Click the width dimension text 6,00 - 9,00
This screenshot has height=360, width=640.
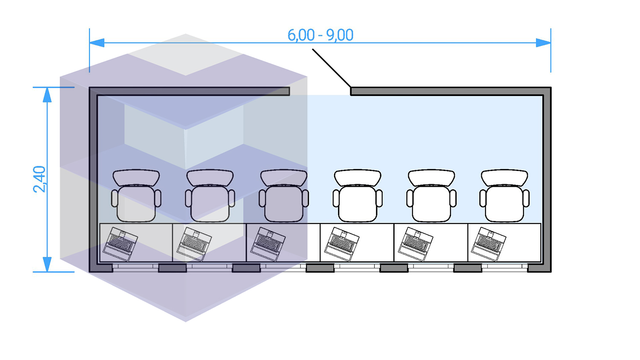coord(320,35)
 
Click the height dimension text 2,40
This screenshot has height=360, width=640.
coord(39,179)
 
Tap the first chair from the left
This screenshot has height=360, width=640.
coord(136,200)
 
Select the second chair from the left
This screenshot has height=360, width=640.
coord(210,200)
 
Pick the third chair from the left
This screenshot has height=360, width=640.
coord(284,200)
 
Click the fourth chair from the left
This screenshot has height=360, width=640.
coord(358,200)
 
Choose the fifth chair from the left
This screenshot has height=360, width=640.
coord(431,200)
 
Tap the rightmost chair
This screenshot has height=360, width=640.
coord(505,200)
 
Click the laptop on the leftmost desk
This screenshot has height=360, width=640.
coord(120,244)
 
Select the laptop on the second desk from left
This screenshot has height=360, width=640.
coord(194,244)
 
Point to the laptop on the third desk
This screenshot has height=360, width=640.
coord(268,244)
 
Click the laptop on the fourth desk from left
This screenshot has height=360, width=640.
coord(342,244)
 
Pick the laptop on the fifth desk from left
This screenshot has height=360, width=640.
coord(416,244)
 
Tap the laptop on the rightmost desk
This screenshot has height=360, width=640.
coord(489,244)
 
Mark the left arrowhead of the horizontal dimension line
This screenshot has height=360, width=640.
coord(96,43)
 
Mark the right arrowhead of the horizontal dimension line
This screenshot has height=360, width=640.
coord(544,43)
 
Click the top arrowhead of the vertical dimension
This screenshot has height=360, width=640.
coord(47,95)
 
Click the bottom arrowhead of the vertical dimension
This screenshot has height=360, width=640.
coord(47,264)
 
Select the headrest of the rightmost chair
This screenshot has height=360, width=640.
coord(505,177)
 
